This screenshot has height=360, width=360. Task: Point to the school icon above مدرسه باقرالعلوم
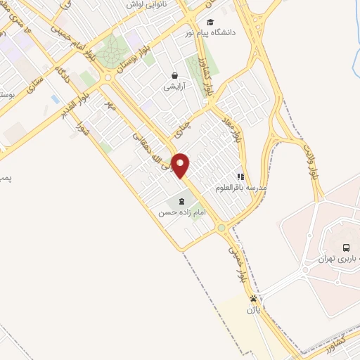[240, 177]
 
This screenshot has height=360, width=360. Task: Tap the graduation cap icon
[210, 22]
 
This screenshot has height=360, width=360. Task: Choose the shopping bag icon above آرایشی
[174, 75]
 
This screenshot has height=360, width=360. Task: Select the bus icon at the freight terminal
[345, 247]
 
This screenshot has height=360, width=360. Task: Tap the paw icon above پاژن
[253, 298]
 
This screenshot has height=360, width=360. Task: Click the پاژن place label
[253, 309]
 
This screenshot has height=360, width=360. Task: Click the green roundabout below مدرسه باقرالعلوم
[221, 227]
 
